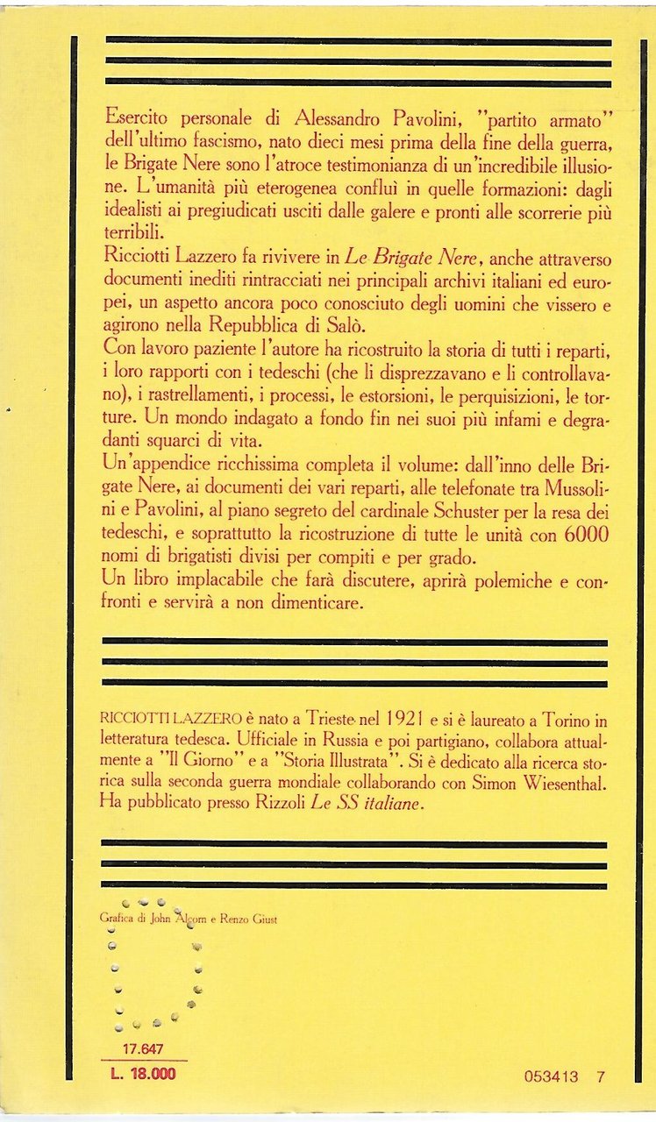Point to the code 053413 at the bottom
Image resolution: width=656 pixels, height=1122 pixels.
(550, 1077)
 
